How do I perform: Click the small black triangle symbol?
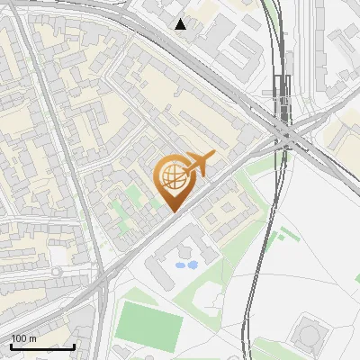(181, 24)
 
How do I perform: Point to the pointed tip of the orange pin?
(171, 211)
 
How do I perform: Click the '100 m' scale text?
(23, 337)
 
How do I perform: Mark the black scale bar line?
(42, 346)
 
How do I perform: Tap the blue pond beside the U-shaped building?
(186, 265)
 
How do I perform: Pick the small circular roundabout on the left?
(57, 272)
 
